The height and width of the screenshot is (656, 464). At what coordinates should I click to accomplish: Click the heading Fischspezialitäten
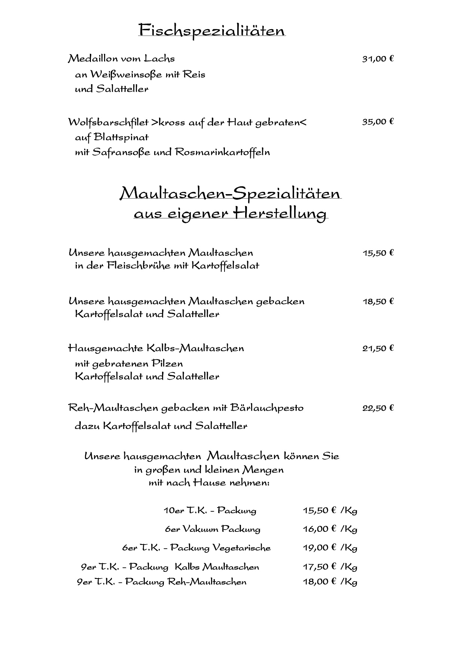[212, 30]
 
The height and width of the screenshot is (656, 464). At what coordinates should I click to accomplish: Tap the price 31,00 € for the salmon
[378, 59]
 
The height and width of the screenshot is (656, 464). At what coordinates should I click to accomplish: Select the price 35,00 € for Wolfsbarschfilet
[378, 122]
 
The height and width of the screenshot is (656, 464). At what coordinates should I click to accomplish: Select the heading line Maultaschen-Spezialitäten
[230, 194]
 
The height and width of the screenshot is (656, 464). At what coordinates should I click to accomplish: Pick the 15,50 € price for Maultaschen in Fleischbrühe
[378, 253]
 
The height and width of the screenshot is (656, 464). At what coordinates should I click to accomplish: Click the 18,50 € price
[378, 301]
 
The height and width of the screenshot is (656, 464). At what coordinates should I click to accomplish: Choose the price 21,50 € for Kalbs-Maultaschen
[378, 349]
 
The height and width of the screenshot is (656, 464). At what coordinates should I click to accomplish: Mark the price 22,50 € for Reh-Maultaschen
[378, 408]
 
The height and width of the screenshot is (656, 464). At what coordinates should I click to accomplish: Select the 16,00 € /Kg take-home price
[330, 529]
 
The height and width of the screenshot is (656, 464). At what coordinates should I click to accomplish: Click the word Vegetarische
[241, 548]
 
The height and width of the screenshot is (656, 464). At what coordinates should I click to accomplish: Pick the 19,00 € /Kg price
[330, 548]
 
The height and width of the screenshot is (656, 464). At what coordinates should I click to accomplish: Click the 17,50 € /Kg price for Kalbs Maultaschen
[330, 567]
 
